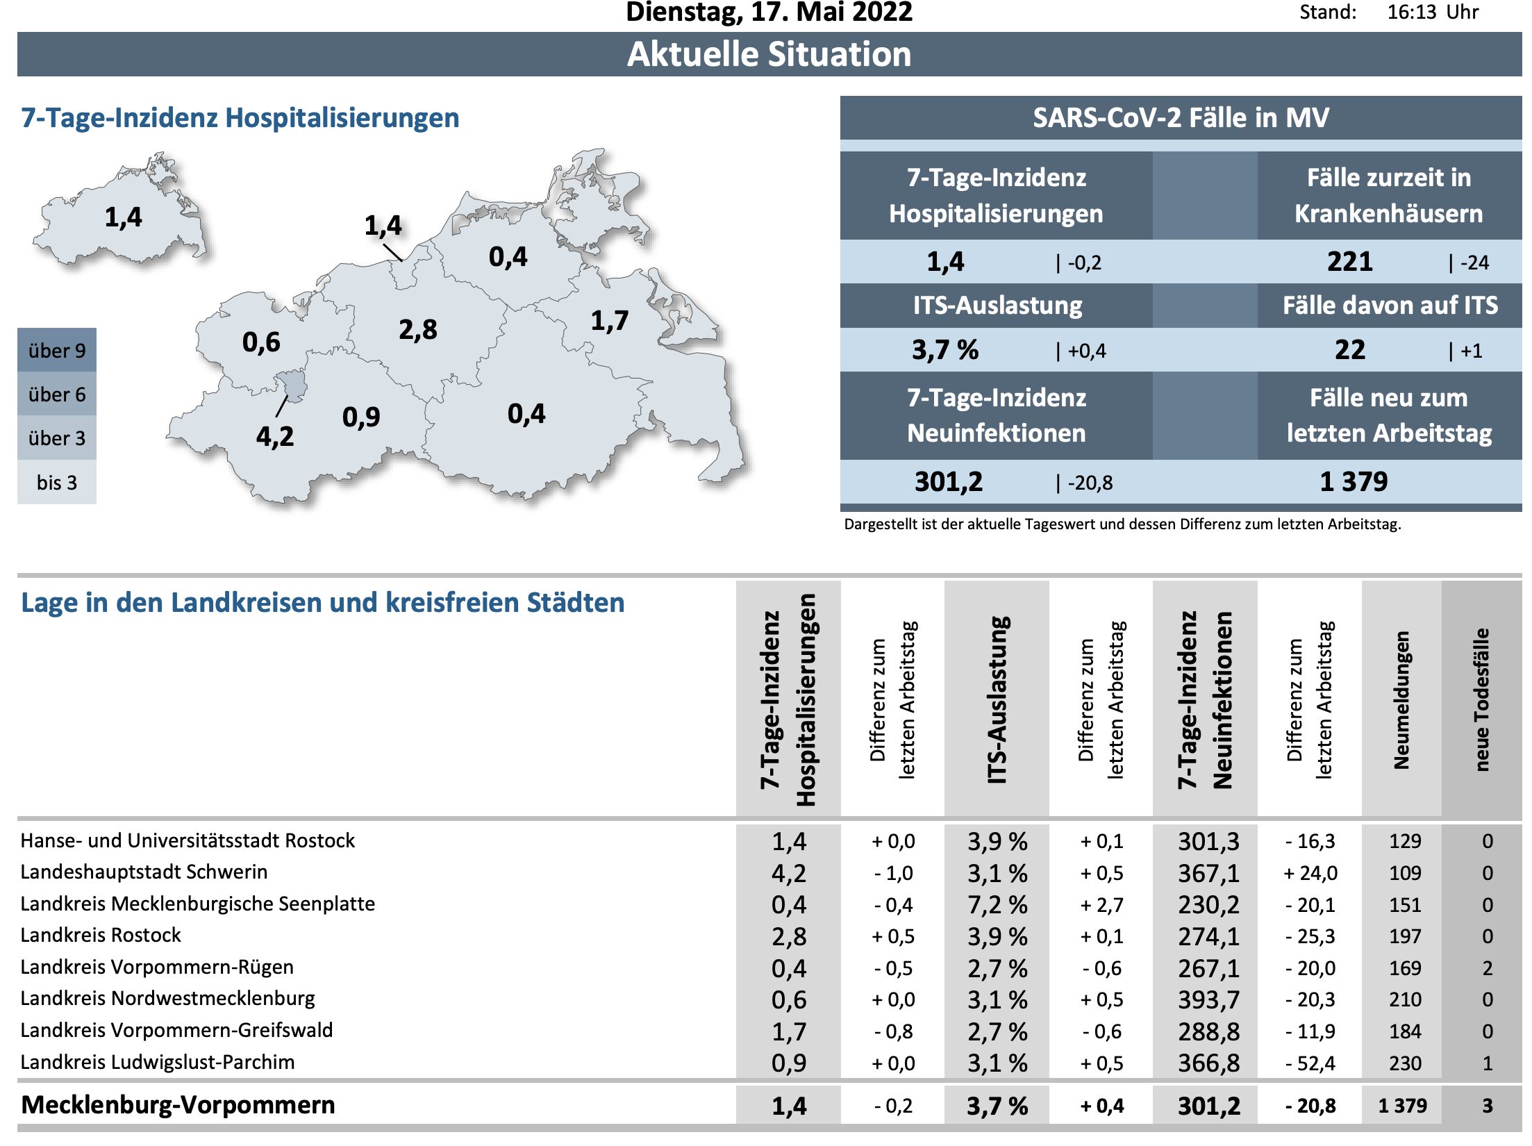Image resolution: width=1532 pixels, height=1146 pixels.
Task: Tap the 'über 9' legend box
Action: pyautogui.click(x=57, y=350)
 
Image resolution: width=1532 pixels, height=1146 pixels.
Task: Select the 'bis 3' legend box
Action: pyautogui.click(x=57, y=482)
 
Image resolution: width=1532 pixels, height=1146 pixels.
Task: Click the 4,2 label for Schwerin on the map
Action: pyautogui.click(x=275, y=437)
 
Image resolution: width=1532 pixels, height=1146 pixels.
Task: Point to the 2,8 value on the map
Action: pyautogui.click(x=417, y=329)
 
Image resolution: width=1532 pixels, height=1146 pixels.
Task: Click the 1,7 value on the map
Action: pyautogui.click(x=609, y=320)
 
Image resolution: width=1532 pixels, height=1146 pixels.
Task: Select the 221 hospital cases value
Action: pyautogui.click(x=1349, y=262)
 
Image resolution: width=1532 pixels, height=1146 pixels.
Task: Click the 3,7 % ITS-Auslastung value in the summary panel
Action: pyautogui.click(x=944, y=350)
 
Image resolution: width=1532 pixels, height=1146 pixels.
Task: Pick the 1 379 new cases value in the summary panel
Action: pyautogui.click(x=1353, y=481)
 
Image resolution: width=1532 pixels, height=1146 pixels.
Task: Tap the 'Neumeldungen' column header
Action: pyautogui.click(x=1401, y=699)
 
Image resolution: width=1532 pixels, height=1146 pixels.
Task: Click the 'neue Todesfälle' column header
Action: pyautogui.click(x=1481, y=699)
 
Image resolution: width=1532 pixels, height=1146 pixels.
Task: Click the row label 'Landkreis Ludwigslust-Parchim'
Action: pyautogui.click(x=158, y=1063)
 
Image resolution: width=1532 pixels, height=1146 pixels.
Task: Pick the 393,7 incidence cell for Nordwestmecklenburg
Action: pyautogui.click(x=1208, y=1000)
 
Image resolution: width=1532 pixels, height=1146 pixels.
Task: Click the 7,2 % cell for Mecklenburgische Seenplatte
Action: pyautogui.click(x=997, y=905)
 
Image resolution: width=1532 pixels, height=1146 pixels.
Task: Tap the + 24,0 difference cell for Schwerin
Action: pyautogui.click(x=1310, y=873)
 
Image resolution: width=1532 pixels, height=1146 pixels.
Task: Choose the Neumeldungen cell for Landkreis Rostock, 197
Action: pyautogui.click(x=1405, y=936)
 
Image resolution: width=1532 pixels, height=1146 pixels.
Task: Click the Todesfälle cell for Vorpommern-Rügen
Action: pyautogui.click(x=1487, y=968)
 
